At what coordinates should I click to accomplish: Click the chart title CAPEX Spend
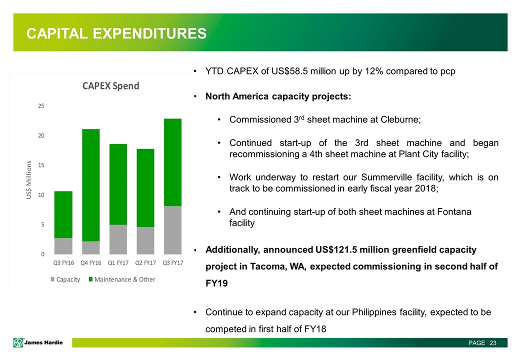pos(111,86)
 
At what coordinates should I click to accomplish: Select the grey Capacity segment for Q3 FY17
pos(172,229)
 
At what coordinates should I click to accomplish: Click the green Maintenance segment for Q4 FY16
pos(90,185)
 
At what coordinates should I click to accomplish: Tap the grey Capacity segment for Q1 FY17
pos(118,239)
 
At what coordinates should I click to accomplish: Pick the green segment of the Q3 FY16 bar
pos(63,214)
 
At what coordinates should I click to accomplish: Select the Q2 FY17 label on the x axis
pos(145,263)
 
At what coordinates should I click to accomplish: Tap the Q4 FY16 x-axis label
pos(90,263)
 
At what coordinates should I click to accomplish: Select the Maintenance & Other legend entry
pos(122,279)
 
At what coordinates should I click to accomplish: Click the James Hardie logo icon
pos(19,342)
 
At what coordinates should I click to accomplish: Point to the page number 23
pos(493,343)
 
